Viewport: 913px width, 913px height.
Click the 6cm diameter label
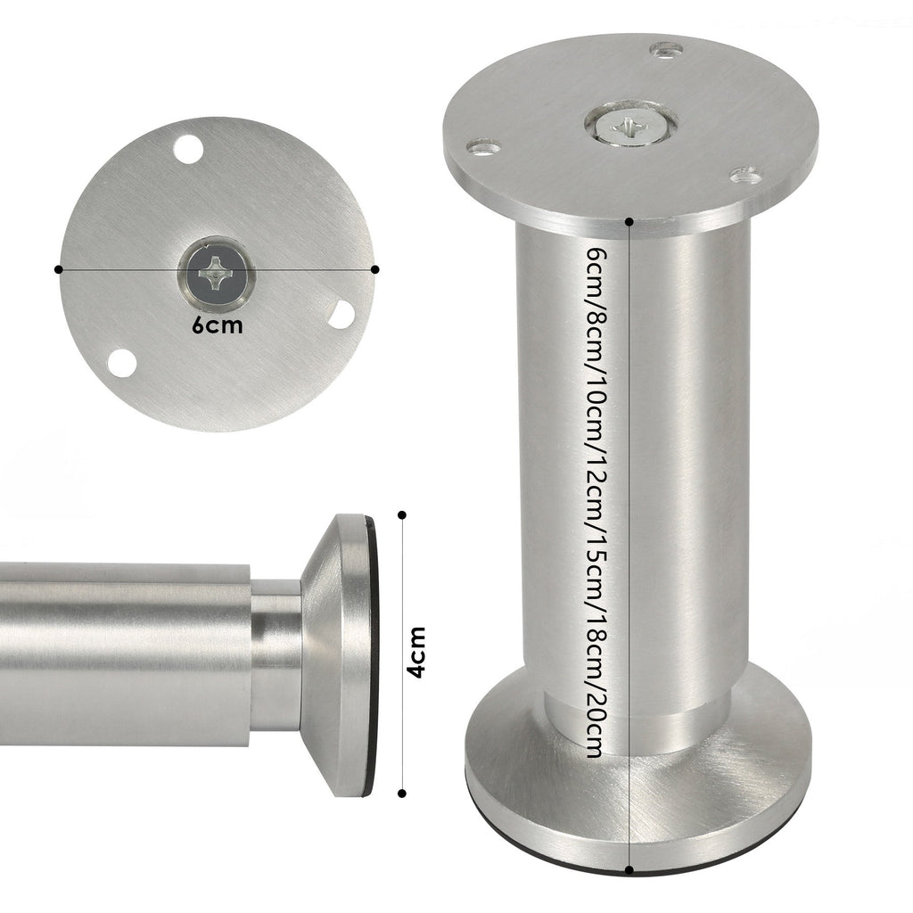coord(217,325)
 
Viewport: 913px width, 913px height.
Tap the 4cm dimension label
coord(416,654)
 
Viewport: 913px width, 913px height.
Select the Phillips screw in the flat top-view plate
coord(216,273)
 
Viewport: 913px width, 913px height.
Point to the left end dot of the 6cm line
coord(59,268)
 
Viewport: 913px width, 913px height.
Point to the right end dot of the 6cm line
coord(374,268)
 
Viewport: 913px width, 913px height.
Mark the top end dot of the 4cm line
coord(402,514)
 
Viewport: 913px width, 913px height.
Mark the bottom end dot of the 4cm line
coord(402,792)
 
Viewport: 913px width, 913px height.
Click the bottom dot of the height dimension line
coord(630,870)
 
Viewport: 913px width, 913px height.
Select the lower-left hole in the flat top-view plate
coord(122,363)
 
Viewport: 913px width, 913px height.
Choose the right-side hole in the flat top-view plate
coord(341,313)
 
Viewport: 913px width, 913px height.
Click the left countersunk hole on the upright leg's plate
coord(483,144)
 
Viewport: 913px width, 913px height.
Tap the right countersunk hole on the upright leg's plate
coord(745,176)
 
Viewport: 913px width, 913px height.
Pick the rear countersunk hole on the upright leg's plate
coord(666,49)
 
